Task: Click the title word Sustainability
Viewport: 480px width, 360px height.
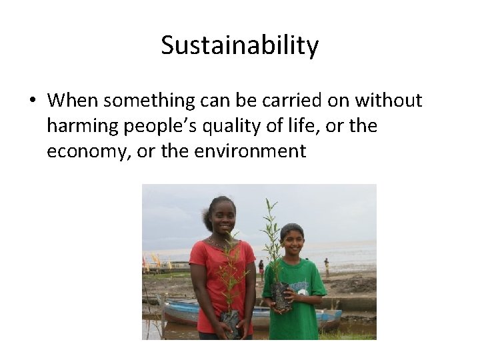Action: pyautogui.click(x=240, y=46)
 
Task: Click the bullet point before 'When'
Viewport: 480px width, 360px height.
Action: pyautogui.click(x=32, y=101)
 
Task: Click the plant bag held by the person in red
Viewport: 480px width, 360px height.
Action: pyautogui.click(x=231, y=323)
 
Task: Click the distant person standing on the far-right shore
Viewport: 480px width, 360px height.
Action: pyautogui.click(x=326, y=267)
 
